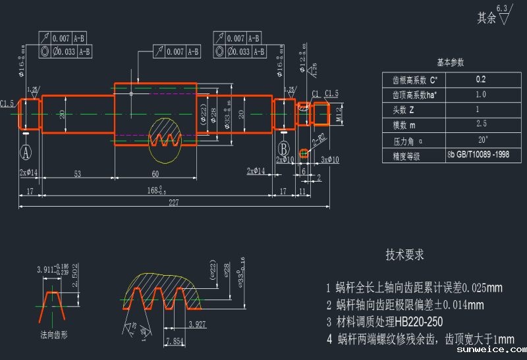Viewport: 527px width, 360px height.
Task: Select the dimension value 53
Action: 78,174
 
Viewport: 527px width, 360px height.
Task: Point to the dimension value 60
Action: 155,174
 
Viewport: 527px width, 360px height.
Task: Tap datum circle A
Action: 26,153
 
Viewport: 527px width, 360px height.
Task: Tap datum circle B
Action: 284,147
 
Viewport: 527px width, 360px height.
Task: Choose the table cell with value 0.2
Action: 481,80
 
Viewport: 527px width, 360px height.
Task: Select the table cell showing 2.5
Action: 481,124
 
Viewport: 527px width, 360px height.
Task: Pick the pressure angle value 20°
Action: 483,140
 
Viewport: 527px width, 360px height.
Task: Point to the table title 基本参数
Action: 451,63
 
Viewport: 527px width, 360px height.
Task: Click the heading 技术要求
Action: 404,255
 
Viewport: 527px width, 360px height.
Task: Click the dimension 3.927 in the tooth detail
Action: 198,324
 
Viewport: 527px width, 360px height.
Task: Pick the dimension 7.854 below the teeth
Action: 175,341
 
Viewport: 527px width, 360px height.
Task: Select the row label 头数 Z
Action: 404,109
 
